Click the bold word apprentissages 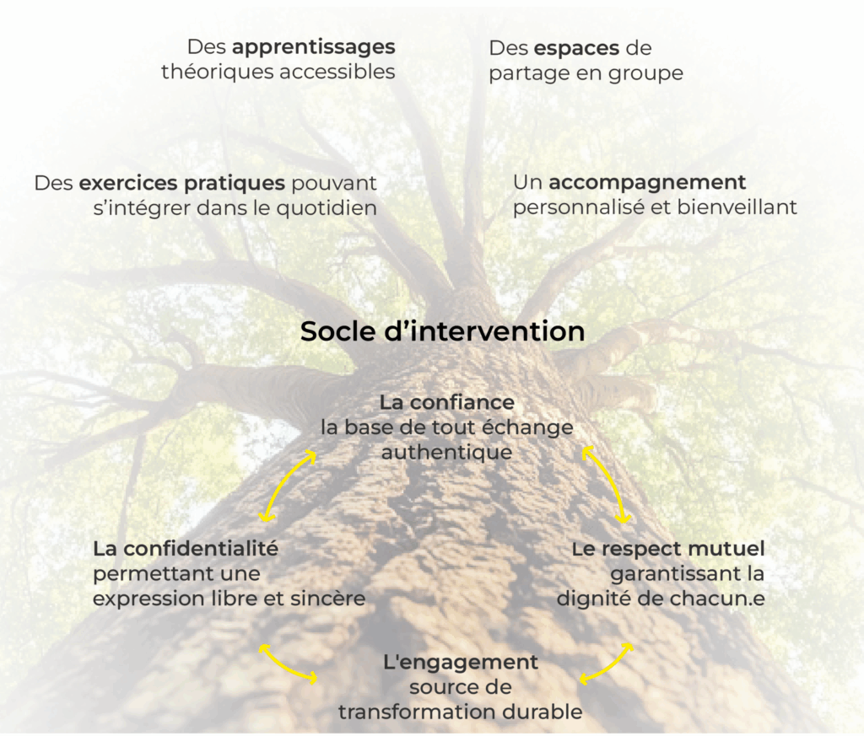click(313, 47)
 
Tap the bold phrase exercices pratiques click(181, 183)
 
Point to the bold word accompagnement click(647, 182)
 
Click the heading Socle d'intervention click(442, 331)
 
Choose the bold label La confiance click(446, 402)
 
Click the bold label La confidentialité click(186, 549)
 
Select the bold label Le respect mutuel click(668, 549)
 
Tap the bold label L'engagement click(460, 662)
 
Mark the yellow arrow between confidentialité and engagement click(289, 664)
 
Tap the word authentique click(446, 453)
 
